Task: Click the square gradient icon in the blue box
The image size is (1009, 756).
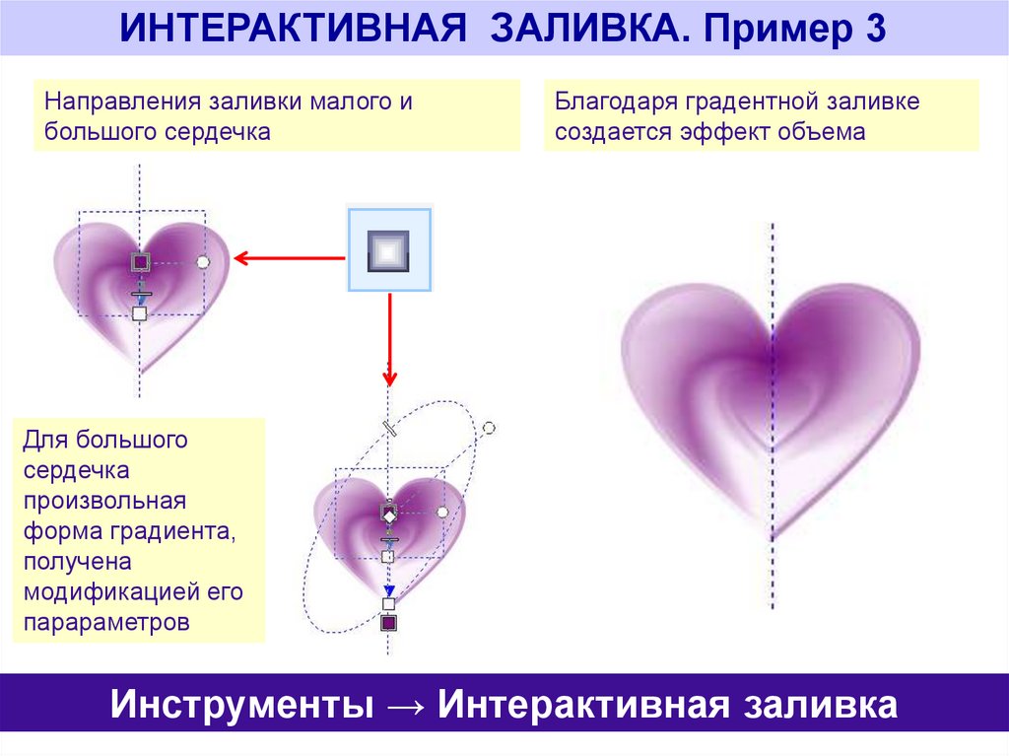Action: point(388,250)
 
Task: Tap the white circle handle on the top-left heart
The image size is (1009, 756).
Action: point(204,261)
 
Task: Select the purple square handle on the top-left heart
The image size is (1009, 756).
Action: point(140,261)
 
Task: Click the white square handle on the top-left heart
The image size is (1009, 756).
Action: point(140,313)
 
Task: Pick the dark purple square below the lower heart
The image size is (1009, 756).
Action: point(388,623)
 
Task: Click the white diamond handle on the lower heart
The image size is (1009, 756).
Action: point(388,515)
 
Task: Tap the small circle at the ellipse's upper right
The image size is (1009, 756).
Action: point(489,428)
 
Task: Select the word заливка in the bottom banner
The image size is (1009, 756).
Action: point(820,707)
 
